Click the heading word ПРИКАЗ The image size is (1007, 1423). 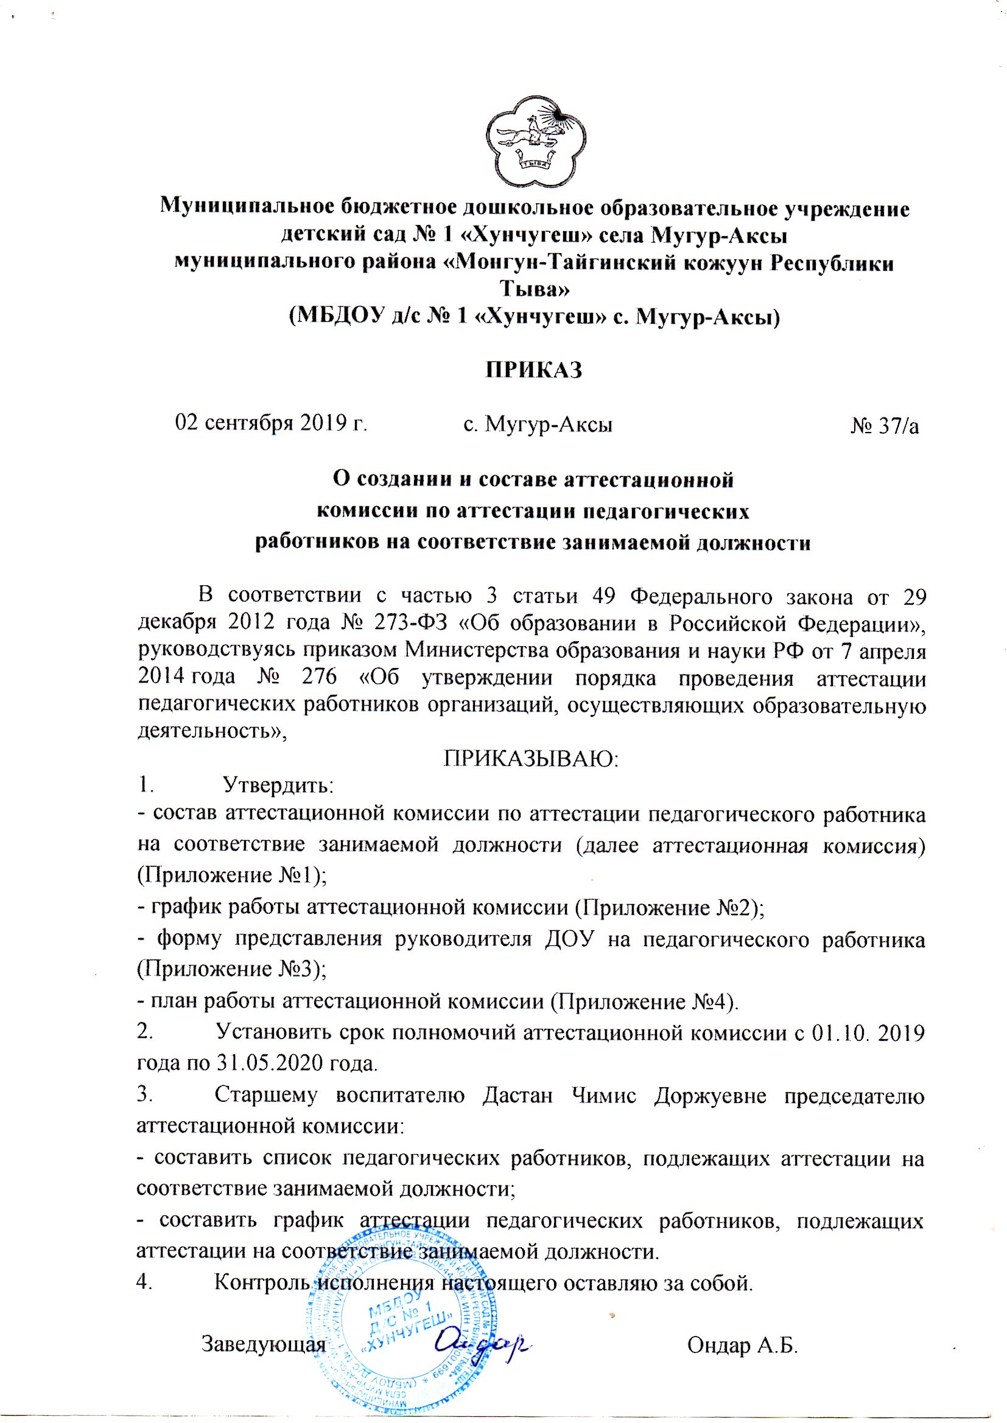point(534,370)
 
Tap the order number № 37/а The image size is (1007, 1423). point(884,425)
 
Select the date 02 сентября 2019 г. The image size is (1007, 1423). point(272,423)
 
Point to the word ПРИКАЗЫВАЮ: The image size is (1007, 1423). point(532,759)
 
